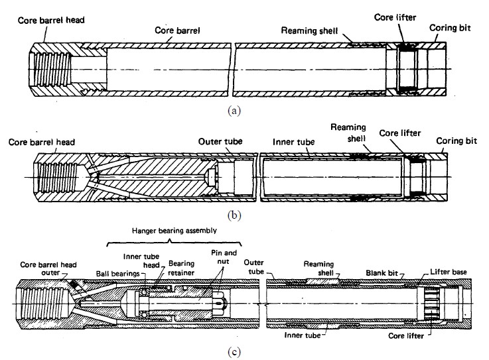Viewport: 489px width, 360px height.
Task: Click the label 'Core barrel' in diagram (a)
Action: tap(177, 30)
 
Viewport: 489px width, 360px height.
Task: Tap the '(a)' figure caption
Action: tap(234, 111)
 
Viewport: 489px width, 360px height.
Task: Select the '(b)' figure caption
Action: tap(234, 215)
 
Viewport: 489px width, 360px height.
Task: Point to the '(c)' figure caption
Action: tap(234, 352)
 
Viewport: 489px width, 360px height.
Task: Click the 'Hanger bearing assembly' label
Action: tap(175, 231)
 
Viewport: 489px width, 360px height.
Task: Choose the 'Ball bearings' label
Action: tap(117, 274)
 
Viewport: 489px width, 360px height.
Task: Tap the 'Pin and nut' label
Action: tap(224, 257)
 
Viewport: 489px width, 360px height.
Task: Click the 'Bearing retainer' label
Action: tap(181, 268)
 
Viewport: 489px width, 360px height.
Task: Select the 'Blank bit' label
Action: tap(382, 273)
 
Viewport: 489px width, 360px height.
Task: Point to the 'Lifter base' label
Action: tap(449, 272)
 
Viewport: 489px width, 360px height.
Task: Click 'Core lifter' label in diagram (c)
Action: tap(406, 335)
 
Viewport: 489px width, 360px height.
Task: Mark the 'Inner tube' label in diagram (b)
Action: tap(293, 142)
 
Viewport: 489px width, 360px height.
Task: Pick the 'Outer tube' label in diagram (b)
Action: tap(220, 141)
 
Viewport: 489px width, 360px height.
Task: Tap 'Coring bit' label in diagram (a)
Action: tap(450, 28)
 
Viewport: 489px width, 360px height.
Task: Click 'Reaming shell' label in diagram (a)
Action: tap(309, 30)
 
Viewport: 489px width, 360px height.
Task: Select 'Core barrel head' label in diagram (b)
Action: tap(42, 143)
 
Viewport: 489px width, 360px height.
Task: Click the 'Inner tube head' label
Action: tap(141, 261)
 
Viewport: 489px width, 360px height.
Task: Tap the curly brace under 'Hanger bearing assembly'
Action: tap(174, 242)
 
